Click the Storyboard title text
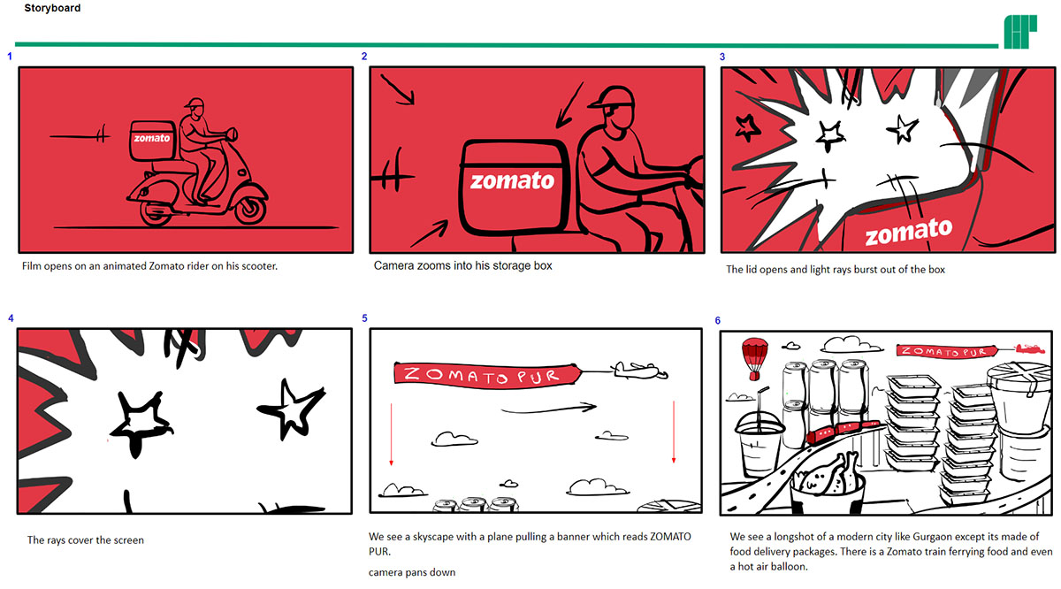[52, 8]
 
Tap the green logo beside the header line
[1020, 32]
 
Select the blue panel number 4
[11, 318]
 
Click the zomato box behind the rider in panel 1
[152, 141]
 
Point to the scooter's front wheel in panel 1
[249, 208]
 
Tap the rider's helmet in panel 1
[195, 104]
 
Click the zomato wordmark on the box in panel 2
[512, 180]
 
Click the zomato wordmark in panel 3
[909, 233]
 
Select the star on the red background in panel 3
[747, 128]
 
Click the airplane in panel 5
[639, 370]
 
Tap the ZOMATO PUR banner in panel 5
[487, 376]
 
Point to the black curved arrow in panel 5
[548, 409]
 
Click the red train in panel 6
[843, 430]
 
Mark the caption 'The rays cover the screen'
[85, 540]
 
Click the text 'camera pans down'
[412, 572]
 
